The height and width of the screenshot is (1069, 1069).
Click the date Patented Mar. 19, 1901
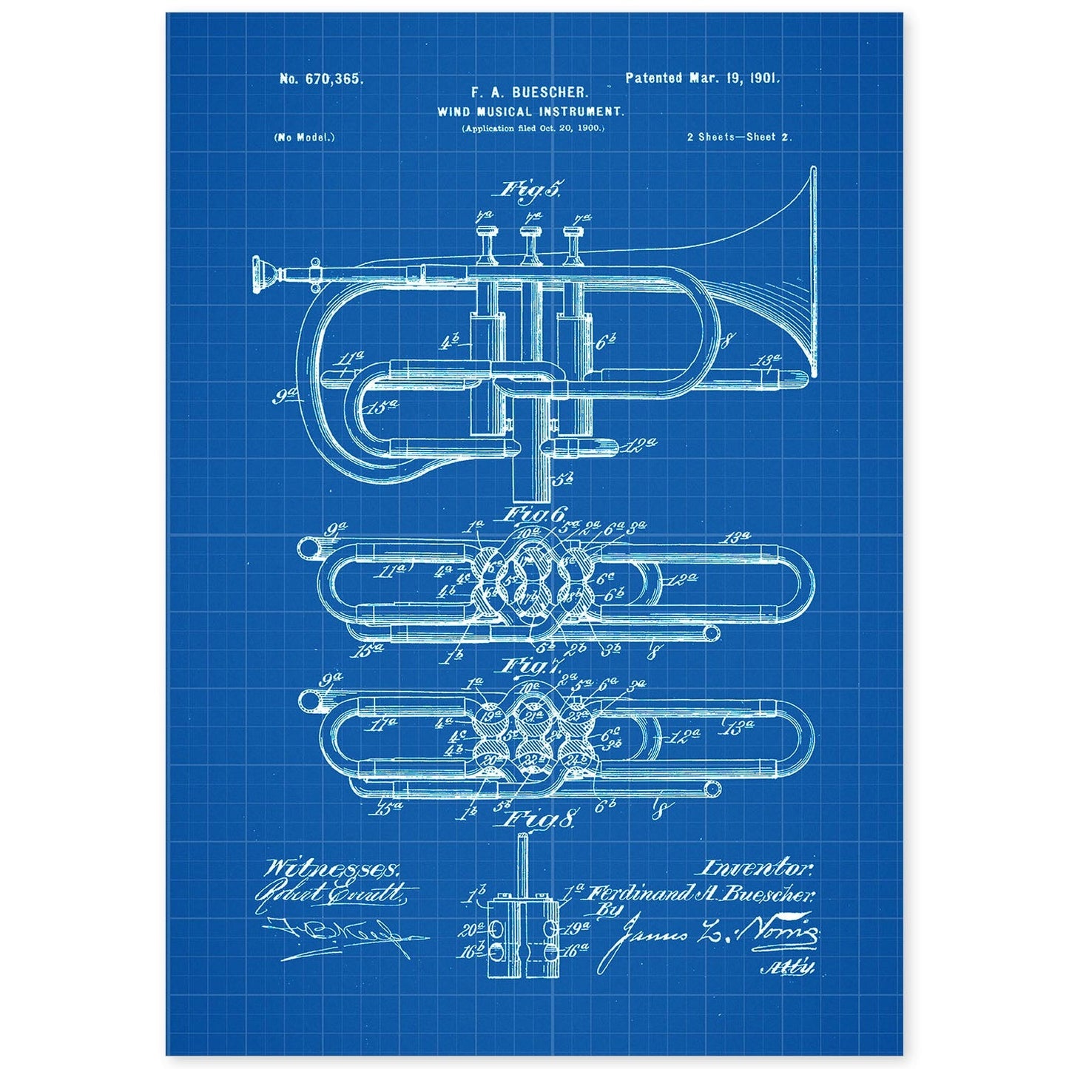coord(702,77)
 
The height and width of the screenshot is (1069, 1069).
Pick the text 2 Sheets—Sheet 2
coord(740,138)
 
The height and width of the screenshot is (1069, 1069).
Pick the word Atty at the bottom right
coord(795,967)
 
